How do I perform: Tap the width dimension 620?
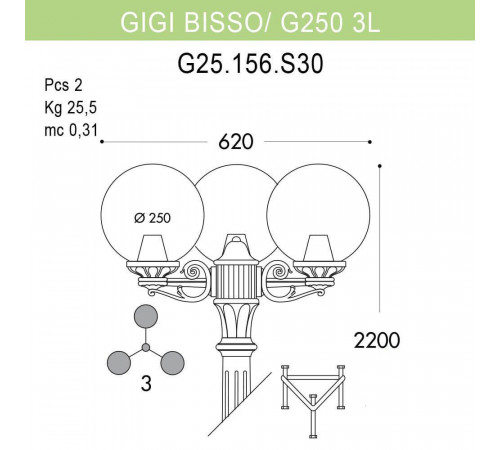click(235, 141)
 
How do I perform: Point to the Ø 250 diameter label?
click(151, 219)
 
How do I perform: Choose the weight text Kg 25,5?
click(70, 107)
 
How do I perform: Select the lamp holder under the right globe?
click(315, 258)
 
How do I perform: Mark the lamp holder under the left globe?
click(153, 258)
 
